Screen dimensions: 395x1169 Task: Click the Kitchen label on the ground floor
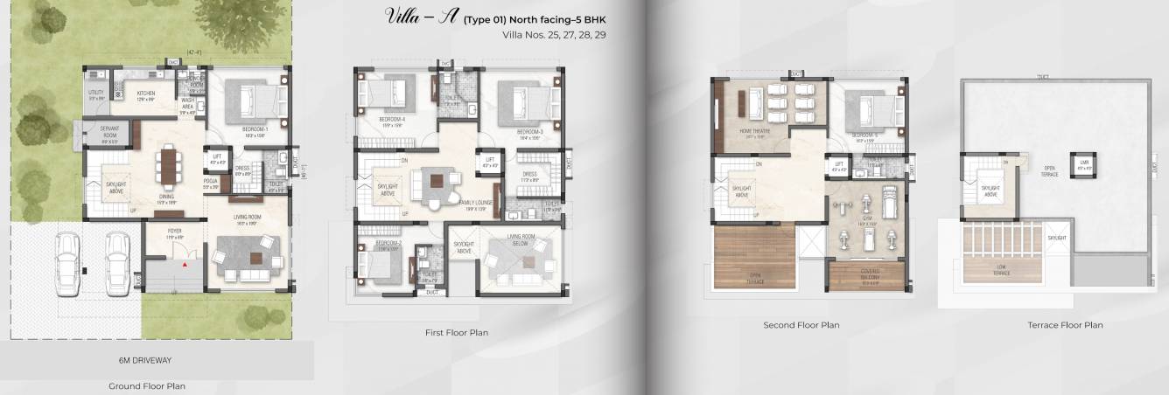click(145, 94)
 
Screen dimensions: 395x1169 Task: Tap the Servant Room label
click(108, 135)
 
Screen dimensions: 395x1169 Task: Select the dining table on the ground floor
click(166, 164)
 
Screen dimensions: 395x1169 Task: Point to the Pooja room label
click(209, 183)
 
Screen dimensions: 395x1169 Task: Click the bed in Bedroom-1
click(254, 98)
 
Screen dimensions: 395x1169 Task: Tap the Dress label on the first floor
click(529, 174)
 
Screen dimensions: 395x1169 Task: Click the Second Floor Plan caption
click(801, 325)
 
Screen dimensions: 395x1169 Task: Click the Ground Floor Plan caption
click(146, 385)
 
